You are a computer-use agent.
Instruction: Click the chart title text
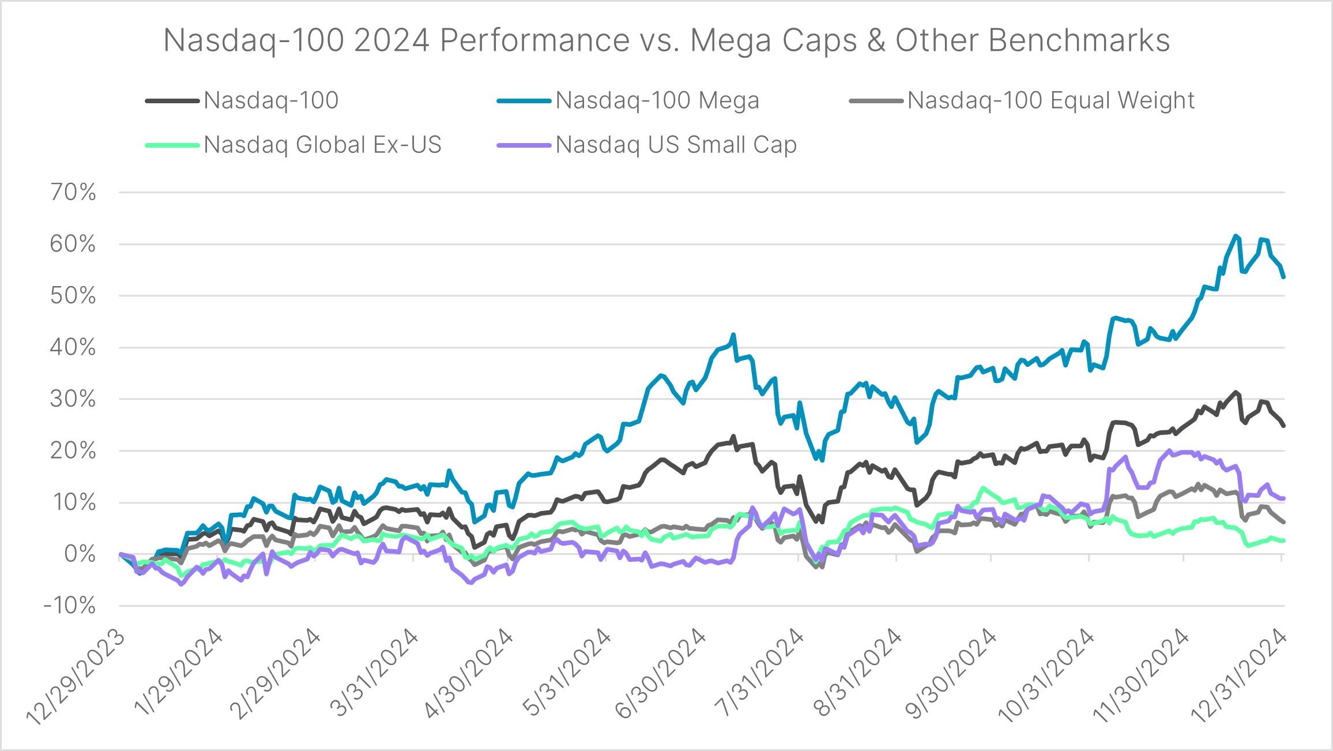click(666, 40)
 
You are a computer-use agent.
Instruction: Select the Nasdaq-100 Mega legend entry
click(657, 101)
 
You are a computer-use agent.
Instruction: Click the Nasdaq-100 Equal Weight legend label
click(1050, 101)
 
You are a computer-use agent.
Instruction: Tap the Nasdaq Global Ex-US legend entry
click(322, 145)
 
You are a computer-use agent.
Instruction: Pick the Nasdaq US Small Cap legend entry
click(676, 145)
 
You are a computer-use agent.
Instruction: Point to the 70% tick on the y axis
click(73, 192)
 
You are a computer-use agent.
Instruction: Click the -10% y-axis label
click(70, 606)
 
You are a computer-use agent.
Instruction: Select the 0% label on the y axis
click(80, 554)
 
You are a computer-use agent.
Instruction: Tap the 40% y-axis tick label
click(73, 347)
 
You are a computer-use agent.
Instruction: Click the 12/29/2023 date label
click(75, 678)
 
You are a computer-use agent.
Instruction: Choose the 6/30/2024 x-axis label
click(660, 675)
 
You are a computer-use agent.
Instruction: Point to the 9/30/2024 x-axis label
click(950, 675)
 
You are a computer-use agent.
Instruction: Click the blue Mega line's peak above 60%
click(1234, 235)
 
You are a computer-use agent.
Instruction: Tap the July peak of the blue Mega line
click(733, 334)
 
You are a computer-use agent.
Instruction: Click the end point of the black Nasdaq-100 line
click(1283, 426)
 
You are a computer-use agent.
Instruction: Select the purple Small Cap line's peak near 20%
click(1169, 451)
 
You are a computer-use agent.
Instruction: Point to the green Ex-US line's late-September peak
click(982, 488)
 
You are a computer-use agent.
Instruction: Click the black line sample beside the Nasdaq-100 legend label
click(172, 101)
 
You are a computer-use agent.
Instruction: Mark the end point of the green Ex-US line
click(1283, 540)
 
